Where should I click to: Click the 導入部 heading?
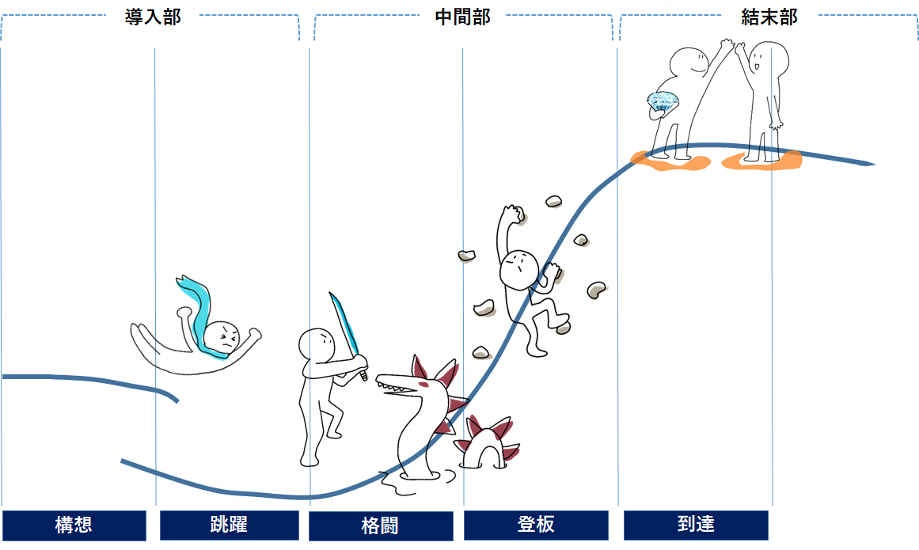153,17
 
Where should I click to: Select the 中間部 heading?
462,17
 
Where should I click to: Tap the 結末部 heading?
769,17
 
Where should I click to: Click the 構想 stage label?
74,525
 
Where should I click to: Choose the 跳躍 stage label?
229,525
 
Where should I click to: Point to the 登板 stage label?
536,525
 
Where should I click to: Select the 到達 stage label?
696,525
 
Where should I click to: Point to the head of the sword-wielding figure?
317,345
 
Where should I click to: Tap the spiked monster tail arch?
484,443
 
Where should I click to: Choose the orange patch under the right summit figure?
761,161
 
